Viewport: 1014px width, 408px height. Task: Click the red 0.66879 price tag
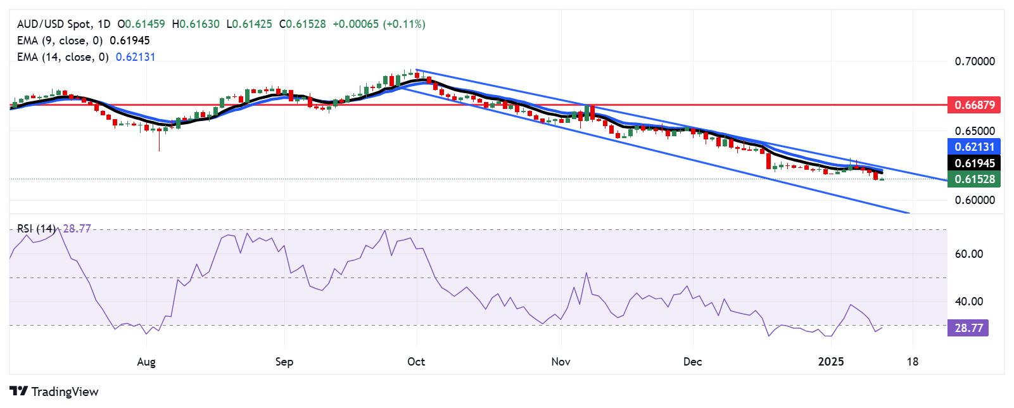click(973, 105)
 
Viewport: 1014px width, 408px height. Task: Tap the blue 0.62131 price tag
click(973, 147)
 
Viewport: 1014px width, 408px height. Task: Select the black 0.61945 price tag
click(973, 163)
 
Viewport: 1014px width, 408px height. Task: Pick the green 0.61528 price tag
click(973, 179)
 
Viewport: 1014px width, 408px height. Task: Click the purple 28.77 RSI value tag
click(968, 328)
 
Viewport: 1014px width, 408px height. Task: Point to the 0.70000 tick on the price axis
click(974, 61)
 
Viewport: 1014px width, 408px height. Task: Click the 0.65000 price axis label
click(974, 131)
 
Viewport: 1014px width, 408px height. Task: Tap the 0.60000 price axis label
click(974, 200)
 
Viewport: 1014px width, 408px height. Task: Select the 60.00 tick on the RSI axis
click(968, 254)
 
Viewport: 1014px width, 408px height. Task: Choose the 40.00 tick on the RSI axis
click(968, 302)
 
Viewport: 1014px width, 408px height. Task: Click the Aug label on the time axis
click(146, 362)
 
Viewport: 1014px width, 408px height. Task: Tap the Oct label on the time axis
click(416, 362)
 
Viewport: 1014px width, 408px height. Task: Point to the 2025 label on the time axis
click(831, 362)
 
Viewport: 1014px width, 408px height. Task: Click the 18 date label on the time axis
click(912, 362)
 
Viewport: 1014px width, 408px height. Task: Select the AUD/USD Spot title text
click(54, 24)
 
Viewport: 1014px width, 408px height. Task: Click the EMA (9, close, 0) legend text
click(60, 41)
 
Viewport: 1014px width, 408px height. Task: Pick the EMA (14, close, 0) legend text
click(63, 57)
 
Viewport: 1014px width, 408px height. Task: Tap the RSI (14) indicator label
click(36, 229)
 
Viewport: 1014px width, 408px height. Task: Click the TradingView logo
click(54, 392)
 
